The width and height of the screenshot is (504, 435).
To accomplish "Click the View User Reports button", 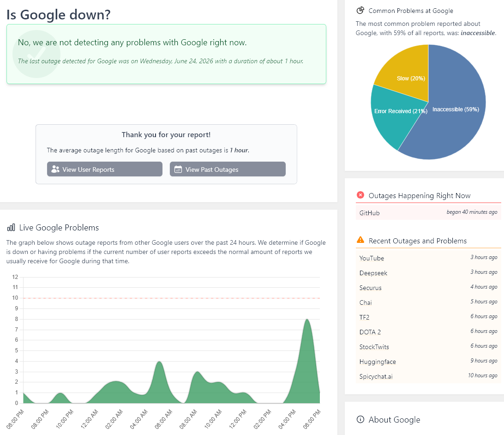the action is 104,169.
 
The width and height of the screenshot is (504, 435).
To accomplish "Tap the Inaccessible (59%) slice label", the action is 456,109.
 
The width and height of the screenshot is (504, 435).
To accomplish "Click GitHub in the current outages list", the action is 369,213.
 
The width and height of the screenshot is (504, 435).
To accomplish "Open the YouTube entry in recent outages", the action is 372,258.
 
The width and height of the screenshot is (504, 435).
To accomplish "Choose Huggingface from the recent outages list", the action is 378,362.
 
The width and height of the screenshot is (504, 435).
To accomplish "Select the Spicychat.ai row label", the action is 376,376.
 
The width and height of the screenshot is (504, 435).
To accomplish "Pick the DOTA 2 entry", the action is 370,332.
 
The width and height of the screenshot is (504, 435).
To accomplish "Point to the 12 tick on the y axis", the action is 15,277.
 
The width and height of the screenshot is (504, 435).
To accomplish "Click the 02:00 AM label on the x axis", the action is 114,419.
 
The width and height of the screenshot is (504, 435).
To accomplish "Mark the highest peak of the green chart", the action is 307,319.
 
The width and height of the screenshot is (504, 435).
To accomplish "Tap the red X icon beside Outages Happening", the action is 360,195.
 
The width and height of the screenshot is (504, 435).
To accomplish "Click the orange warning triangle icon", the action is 360,240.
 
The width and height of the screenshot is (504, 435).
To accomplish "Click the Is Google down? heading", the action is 59,15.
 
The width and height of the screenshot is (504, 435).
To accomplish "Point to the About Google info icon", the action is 360,419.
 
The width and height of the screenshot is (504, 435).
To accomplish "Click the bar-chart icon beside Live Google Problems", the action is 11,228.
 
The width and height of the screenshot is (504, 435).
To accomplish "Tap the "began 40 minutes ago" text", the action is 472,212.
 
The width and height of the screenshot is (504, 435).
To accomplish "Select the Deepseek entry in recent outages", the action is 373,273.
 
